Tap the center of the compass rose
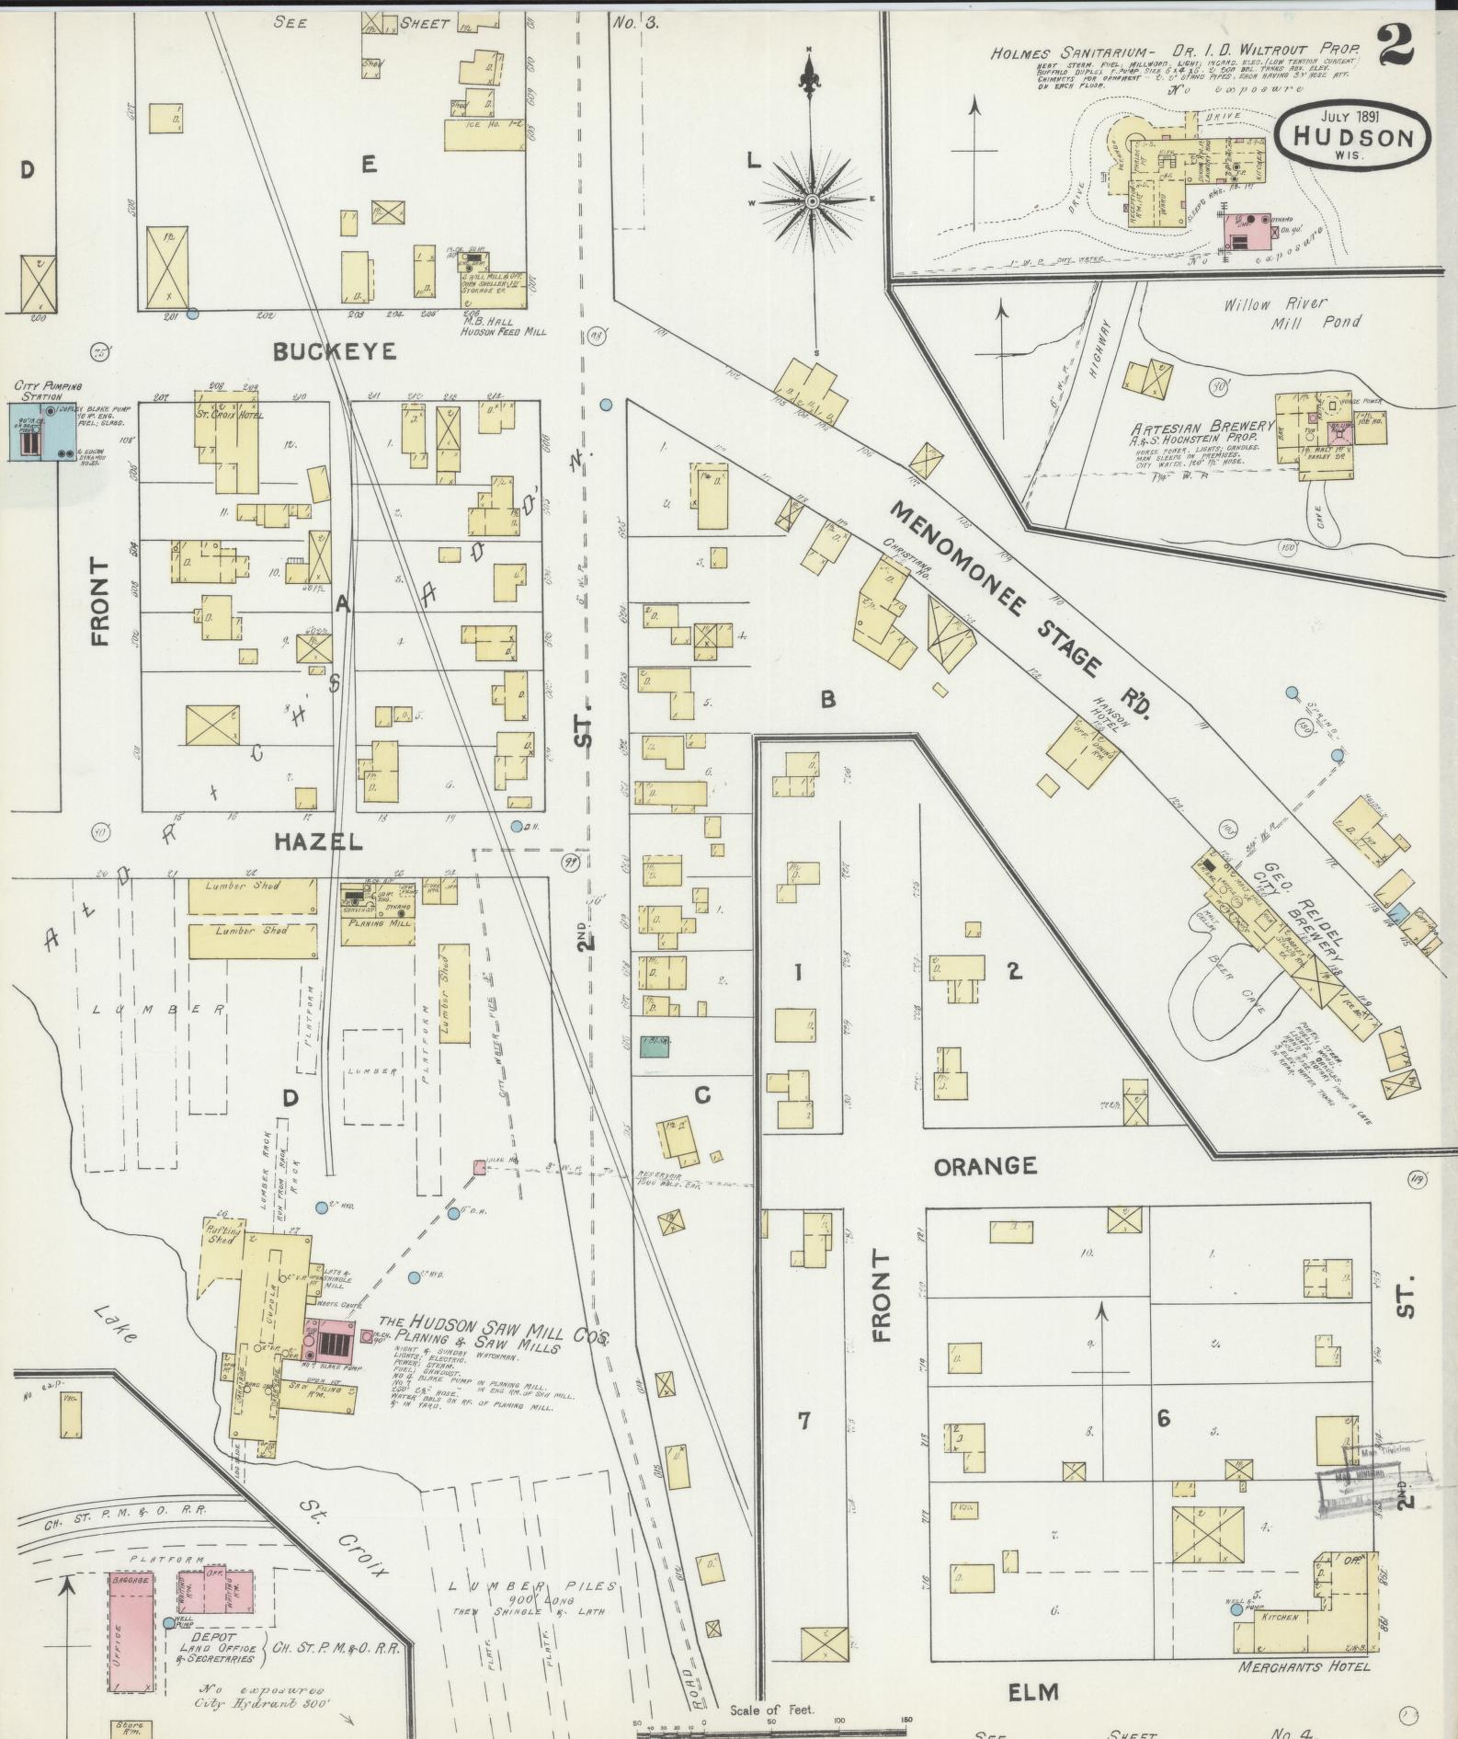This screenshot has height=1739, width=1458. point(813,200)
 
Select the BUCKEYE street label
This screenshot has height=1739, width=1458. point(335,351)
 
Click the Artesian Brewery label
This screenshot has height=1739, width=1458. point(1203,428)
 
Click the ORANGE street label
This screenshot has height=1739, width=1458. point(985,1166)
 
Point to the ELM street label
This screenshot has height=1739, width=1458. point(1033,1691)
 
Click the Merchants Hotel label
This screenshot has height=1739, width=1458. point(1304,1665)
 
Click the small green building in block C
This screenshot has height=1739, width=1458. point(655,1046)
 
